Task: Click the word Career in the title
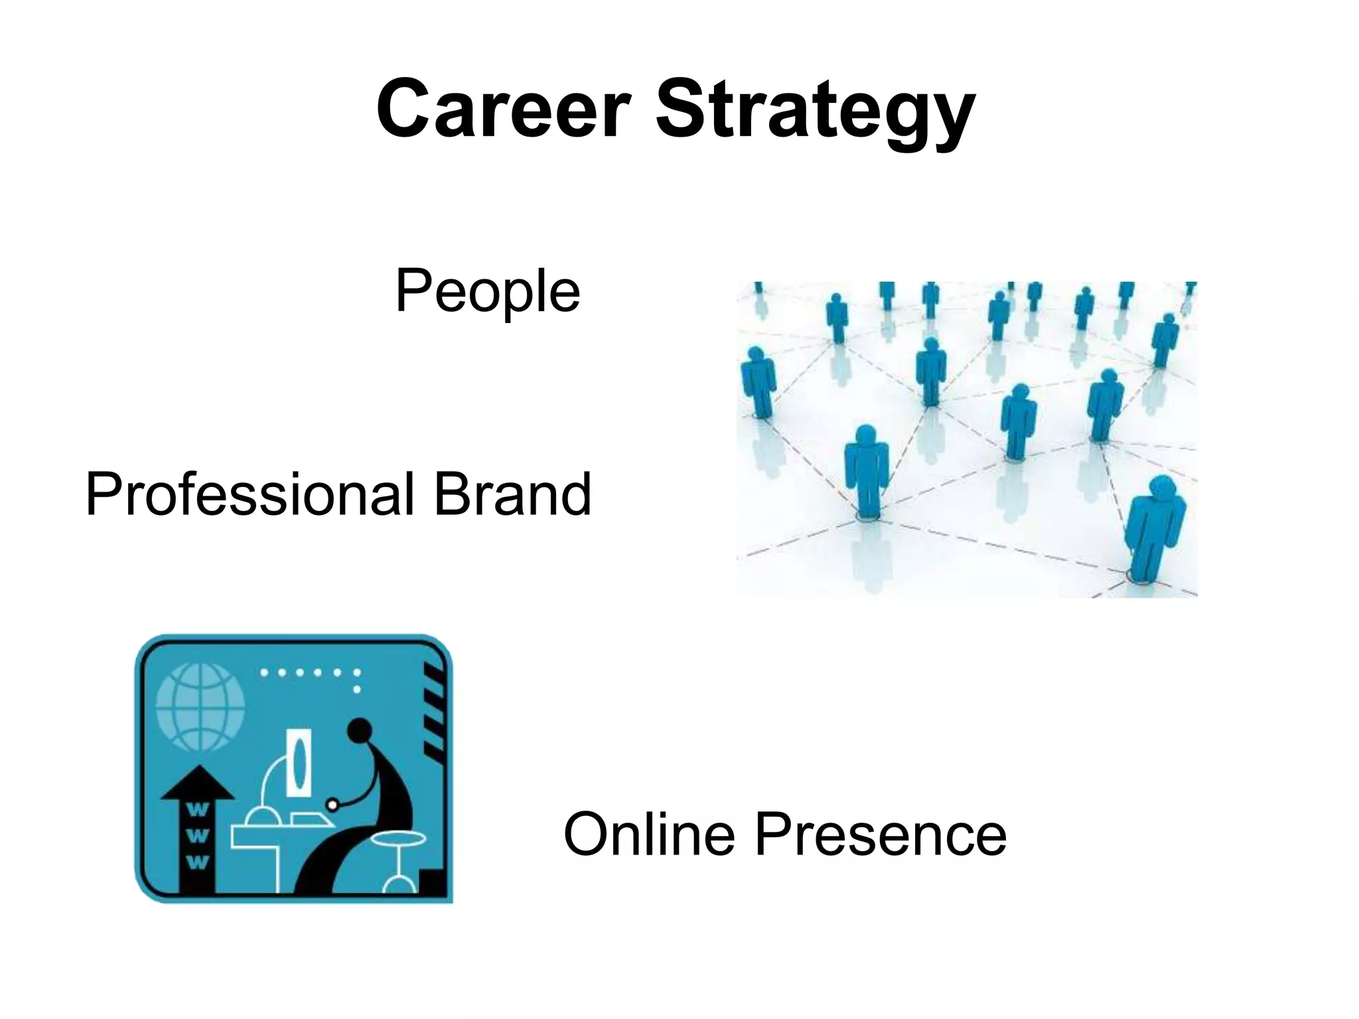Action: coord(502,109)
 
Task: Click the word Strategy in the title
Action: coord(815,113)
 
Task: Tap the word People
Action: coord(488,292)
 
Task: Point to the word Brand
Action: coord(512,494)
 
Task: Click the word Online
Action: coord(648,835)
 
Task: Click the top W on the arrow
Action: coord(198,810)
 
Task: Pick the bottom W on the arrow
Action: coord(198,862)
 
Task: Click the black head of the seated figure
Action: coord(360,731)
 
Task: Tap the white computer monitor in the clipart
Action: coord(298,762)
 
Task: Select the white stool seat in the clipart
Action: coord(398,839)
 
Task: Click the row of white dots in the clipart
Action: coord(309,673)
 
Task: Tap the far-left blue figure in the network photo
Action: coord(758,381)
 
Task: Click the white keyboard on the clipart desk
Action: coord(313,819)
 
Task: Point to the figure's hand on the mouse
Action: coord(333,805)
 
